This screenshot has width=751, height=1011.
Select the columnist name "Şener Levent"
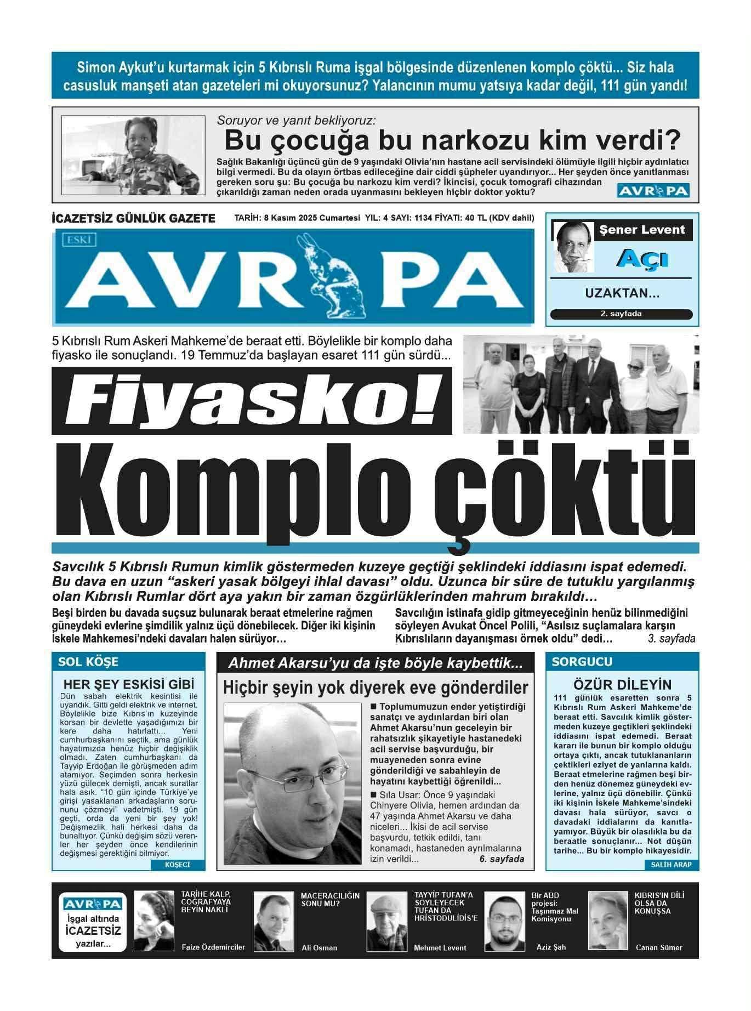coord(642,230)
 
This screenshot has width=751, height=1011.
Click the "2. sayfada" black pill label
coord(621,314)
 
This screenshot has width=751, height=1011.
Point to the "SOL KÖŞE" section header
coord(88,662)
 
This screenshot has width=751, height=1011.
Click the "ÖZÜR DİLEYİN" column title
coord(622,684)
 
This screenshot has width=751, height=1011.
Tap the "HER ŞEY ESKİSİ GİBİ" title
coord(129,684)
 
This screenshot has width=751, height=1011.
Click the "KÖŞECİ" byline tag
coord(177,865)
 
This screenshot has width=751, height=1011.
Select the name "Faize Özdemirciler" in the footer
coord(213,947)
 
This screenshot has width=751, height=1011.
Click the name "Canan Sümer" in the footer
coord(659,947)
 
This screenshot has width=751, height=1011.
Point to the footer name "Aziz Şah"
coord(551,947)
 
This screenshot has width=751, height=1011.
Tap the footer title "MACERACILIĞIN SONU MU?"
coord(330,899)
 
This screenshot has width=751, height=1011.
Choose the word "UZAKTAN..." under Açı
coord(622,293)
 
